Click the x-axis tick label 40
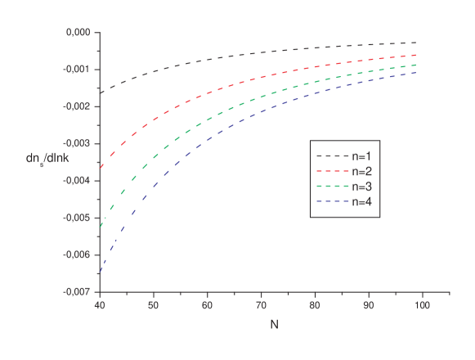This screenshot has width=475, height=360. [x=100, y=305]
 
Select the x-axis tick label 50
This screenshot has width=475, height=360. [x=153, y=305]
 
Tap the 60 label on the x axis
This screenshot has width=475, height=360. [x=207, y=305]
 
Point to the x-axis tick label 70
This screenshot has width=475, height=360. [x=261, y=305]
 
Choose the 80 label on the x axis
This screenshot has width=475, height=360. [x=315, y=305]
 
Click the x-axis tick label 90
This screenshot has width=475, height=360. [x=369, y=305]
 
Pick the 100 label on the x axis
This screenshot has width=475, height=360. [x=422, y=305]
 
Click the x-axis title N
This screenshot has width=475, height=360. [x=274, y=325]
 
